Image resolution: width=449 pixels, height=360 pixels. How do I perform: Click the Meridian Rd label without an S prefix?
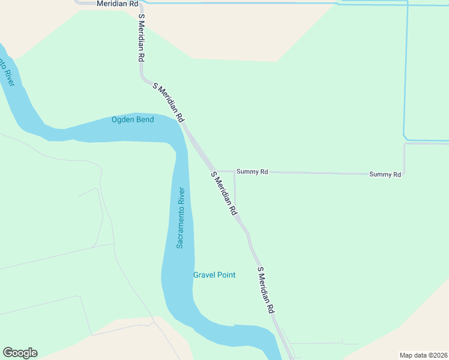click(117, 4)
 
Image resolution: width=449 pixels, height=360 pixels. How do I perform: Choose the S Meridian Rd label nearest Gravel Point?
click(266, 290)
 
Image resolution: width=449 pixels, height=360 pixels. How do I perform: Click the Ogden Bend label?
click(133, 119)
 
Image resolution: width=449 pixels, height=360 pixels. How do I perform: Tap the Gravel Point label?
click(214, 275)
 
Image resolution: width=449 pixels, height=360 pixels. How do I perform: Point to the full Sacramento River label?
click(180, 218)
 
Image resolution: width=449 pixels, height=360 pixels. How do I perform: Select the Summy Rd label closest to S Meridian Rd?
click(252, 172)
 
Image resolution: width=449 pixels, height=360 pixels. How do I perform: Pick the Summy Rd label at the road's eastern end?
click(385, 175)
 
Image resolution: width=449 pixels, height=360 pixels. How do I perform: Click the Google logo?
click(20, 353)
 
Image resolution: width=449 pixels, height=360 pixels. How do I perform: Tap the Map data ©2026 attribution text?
click(423, 355)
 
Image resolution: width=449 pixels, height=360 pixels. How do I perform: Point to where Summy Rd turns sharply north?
click(404, 174)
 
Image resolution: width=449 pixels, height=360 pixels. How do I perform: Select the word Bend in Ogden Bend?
click(144, 119)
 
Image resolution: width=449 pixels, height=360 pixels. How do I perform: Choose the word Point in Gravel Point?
click(225, 275)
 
